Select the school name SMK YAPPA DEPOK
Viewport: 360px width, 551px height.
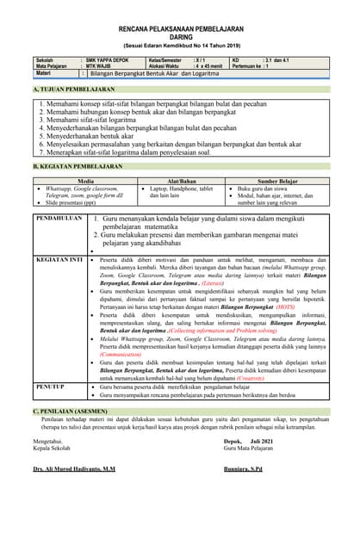point(109,59)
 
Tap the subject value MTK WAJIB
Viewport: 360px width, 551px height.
point(99,66)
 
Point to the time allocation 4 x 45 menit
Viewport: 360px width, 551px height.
point(208,66)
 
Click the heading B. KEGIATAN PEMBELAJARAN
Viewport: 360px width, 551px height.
point(78,164)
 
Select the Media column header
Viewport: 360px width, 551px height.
point(85,181)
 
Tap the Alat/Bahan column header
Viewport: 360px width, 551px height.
point(182,181)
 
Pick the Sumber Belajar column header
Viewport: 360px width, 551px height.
point(277,181)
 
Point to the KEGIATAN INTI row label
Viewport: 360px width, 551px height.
point(59,258)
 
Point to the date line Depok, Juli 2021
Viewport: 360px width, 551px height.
point(246,440)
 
